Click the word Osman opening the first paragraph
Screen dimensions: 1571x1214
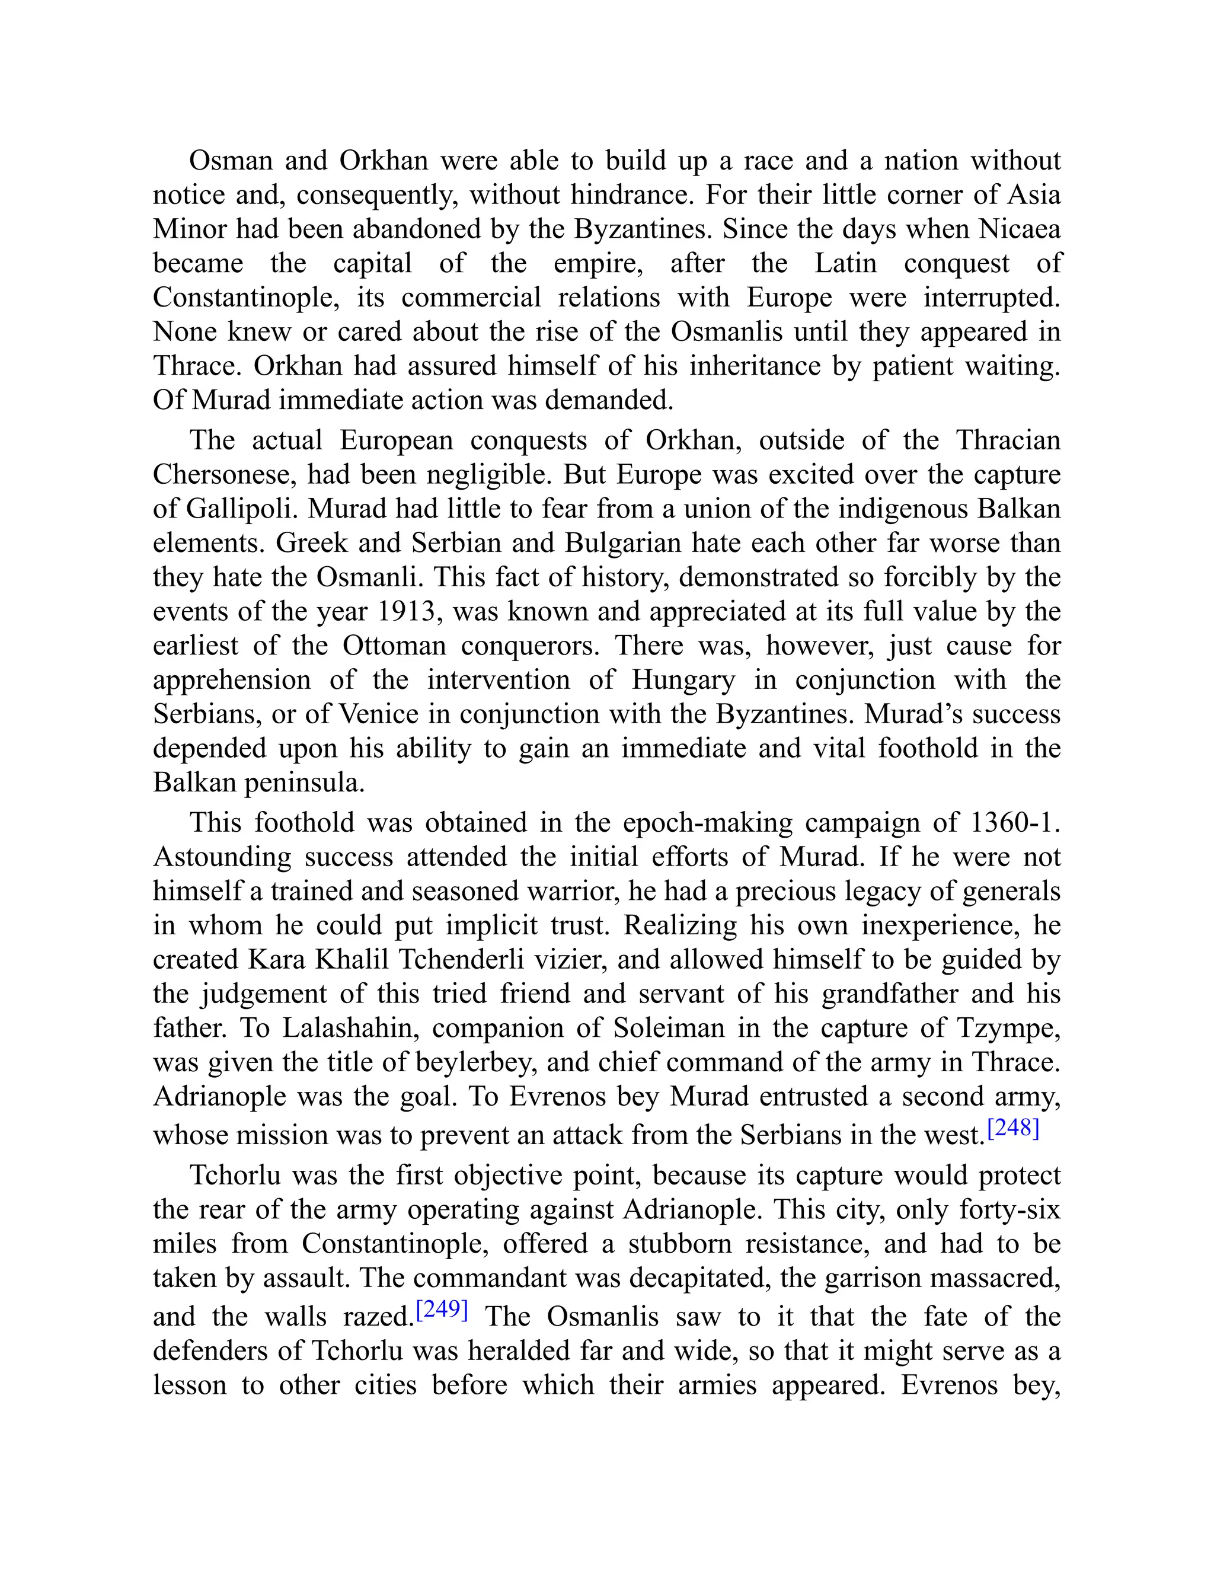tap(231, 161)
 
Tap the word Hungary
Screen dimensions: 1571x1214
tap(683, 680)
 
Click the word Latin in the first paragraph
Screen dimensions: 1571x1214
tap(846, 263)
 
